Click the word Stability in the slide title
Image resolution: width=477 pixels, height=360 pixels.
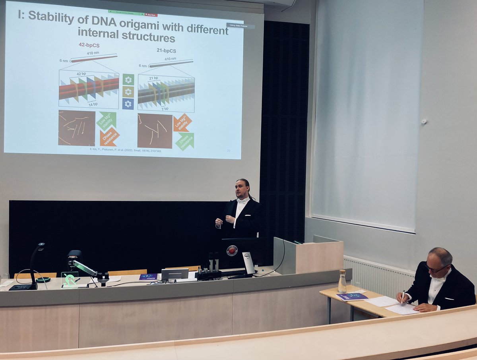point(50,16)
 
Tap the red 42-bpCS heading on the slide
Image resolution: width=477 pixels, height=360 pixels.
point(89,45)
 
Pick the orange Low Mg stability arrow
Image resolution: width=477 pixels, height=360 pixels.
point(182,122)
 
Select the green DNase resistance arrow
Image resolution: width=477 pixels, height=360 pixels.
point(185,141)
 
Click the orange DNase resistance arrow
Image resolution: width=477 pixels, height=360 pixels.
point(109,137)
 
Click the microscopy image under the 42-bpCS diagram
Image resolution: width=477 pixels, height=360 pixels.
point(77,128)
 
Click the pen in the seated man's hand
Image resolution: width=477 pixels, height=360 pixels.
point(403,296)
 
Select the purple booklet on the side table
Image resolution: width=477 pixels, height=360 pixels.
point(352,296)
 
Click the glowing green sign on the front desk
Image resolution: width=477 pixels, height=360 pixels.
point(70,280)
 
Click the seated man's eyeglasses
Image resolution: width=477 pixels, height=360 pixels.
point(436,269)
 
